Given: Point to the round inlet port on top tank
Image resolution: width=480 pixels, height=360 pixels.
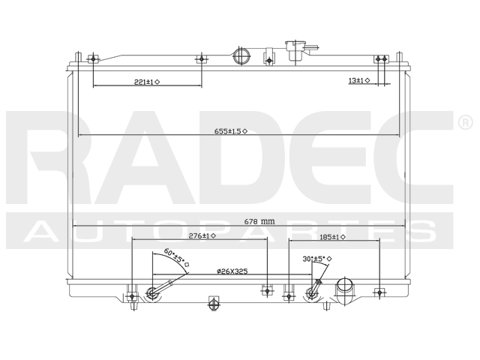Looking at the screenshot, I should pyautogui.click(x=241, y=57).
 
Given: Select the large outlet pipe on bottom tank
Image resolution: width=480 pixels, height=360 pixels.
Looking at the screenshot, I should pyautogui.click(x=346, y=289).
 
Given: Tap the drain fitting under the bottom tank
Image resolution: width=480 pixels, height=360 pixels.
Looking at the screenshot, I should pyautogui.click(x=213, y=304).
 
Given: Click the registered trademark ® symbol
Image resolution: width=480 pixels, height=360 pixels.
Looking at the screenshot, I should pyautogui.click(x=464, y=122).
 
